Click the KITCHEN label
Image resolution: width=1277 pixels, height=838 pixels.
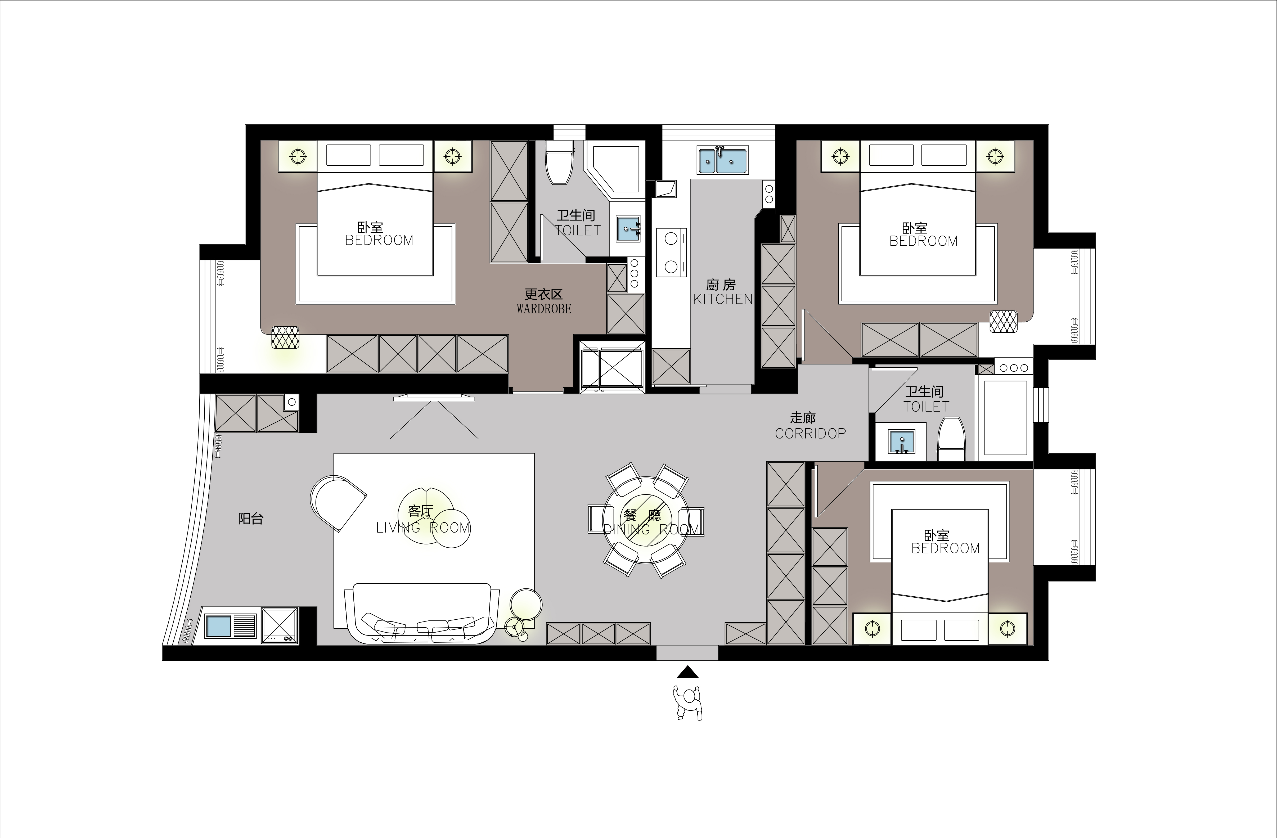pos(723,299)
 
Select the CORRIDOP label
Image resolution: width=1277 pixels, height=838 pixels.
pos(810,434)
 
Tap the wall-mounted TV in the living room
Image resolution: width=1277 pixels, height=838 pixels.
pos(434,398)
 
